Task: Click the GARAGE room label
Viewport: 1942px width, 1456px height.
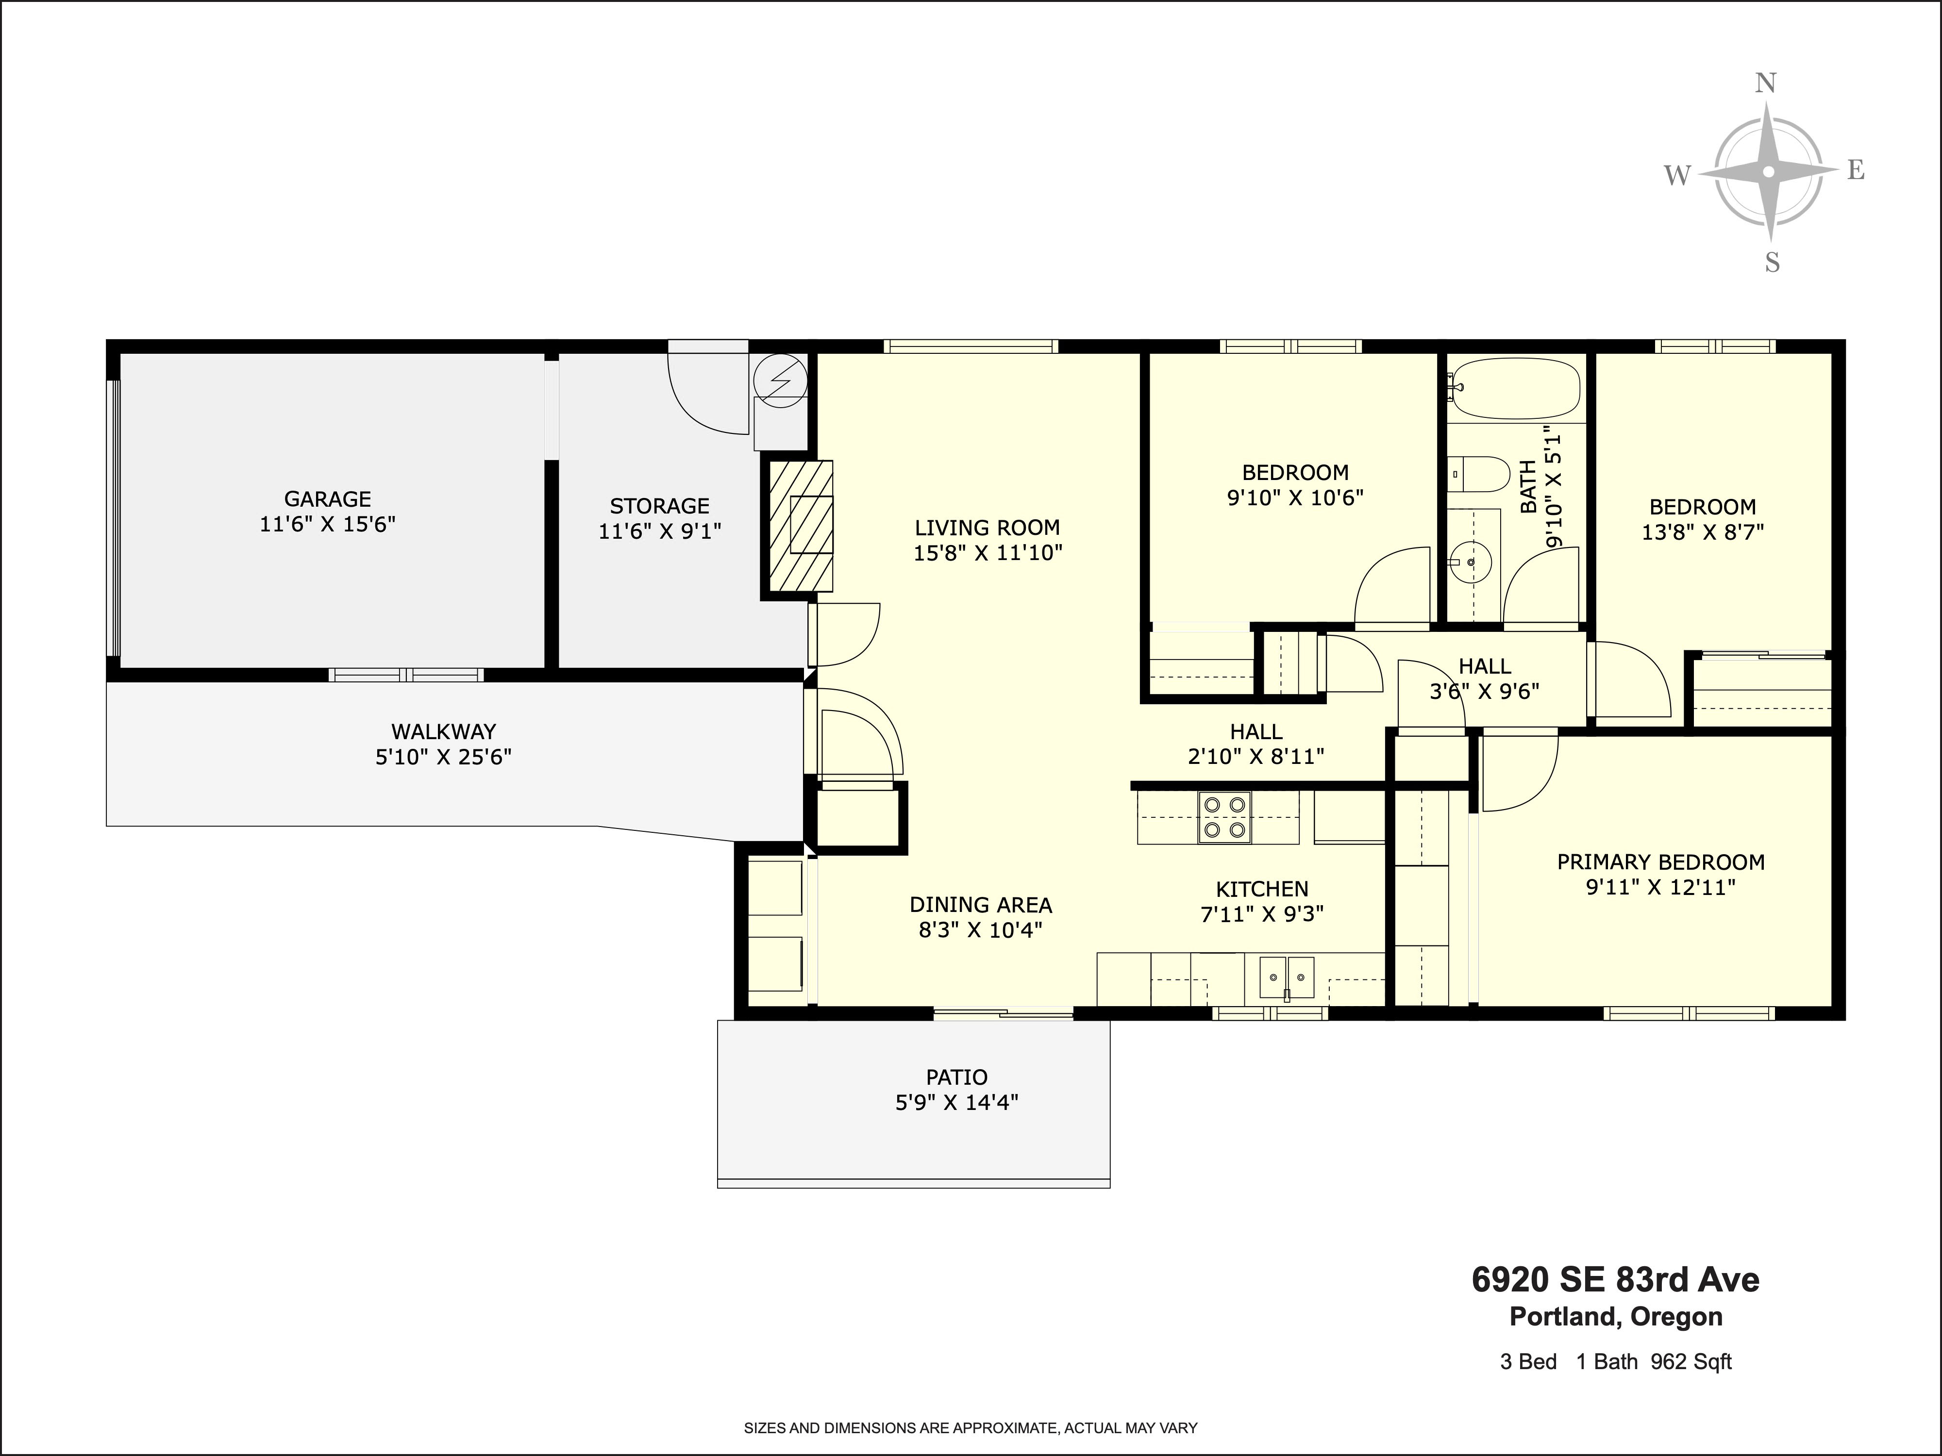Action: pos(328,499)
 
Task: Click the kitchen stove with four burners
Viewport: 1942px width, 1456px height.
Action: pos(1225,818)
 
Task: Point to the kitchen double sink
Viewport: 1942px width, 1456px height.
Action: pos(1287,977)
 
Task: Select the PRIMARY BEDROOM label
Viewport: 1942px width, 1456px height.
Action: pos(1661,862)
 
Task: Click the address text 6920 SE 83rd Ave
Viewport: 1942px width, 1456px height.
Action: pos(1615,1280)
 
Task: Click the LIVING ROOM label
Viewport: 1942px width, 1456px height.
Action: pos(988,528)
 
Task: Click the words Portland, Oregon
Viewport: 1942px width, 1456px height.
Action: pos(1615,1316)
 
